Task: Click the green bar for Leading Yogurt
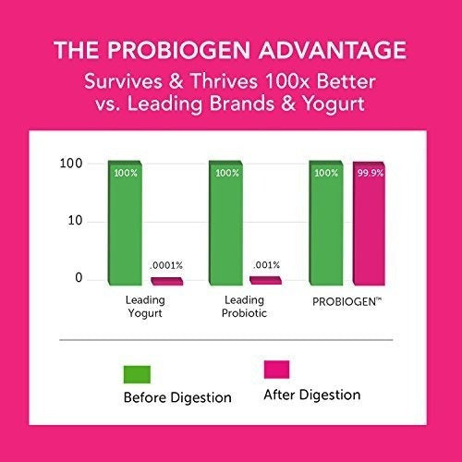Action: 128,222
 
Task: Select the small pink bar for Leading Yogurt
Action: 167,280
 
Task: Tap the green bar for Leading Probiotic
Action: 226,222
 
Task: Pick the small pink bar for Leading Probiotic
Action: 265,279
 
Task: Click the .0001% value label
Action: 168,265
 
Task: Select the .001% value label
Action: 265,265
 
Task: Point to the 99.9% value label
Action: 368,173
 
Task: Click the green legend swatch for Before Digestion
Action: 136,374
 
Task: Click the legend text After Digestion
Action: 310,395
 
